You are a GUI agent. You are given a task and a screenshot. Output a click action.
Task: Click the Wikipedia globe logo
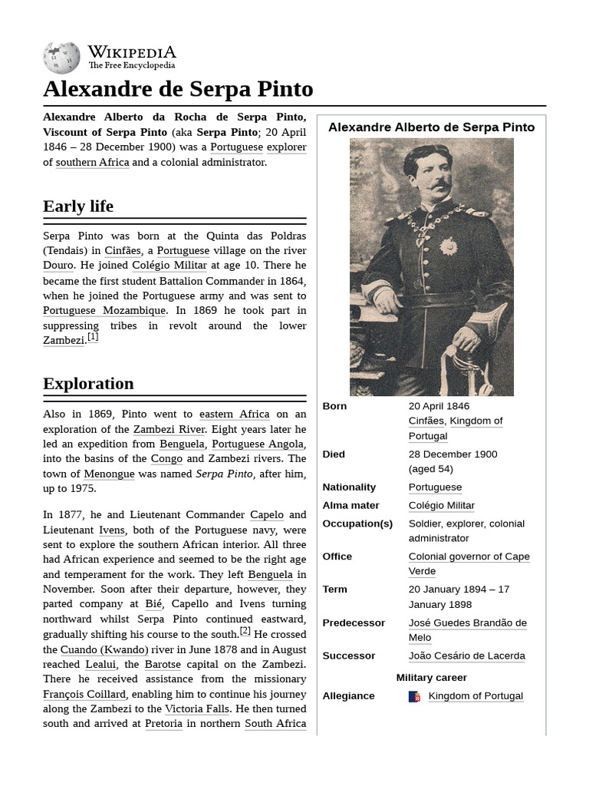tap(61, 58)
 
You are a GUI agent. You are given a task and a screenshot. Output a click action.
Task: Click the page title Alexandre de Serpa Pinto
tap(178, 89)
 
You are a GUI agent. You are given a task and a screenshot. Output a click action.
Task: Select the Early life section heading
tap(78, 206)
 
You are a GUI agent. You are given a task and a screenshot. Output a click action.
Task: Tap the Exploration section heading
tap(88, 383)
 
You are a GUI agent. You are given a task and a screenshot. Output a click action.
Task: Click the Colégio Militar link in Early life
tap(169, 266)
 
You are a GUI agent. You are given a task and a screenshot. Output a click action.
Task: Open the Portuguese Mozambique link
tap(104, 311)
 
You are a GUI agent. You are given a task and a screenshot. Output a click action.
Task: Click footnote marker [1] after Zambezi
tap(93, 336)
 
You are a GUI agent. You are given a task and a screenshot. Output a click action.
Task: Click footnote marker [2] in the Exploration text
tap(245, 631)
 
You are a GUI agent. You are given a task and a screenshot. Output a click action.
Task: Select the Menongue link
tap(109, 474)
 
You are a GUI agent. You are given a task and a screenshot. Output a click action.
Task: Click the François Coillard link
tap(84, 694)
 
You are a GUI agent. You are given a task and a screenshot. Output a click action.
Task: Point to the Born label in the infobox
tap(334, 406)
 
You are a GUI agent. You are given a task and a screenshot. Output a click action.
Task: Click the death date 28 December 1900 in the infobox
tap(452, 454)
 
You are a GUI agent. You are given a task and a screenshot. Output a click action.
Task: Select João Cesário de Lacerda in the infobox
tap(466, 656)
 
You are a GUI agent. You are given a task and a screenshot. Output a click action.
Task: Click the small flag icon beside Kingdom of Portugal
tap(414, 696)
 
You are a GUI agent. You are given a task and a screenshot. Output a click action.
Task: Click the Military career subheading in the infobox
tap(431, 677)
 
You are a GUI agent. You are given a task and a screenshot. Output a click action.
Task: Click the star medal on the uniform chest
tap(447, 246)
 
